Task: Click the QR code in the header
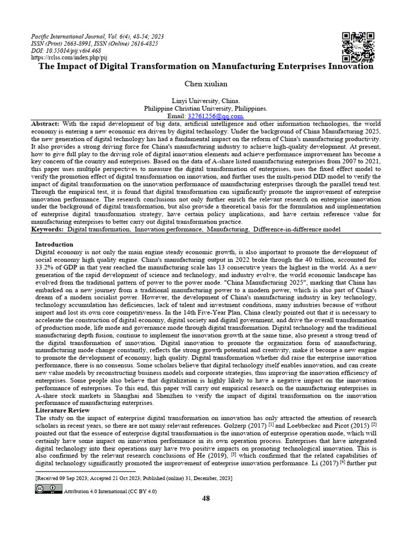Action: [x=358, y=47]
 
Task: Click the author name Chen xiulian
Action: [x=206, y=84]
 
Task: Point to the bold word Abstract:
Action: [x=46, y=124]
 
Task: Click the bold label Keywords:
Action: [x=48, y=229]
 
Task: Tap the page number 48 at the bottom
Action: [x=205, y=498]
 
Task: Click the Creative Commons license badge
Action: [x=49, y=488]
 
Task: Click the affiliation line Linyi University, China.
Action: [x=206, y=101]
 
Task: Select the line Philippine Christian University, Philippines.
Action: [x=206, y=108]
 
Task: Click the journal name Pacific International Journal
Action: [x=69, y=37]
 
